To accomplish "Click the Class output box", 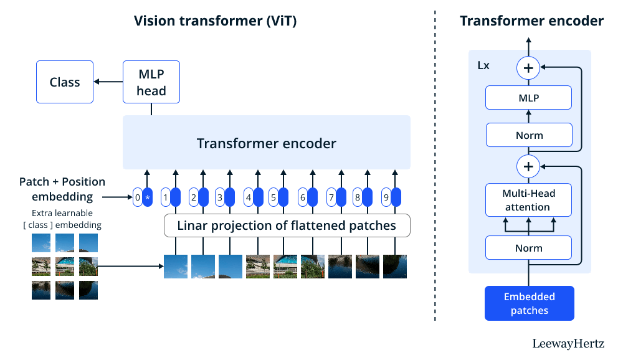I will tap(65, 82).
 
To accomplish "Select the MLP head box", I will tap(151, 82).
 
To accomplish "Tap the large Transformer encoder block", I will tap(267, 143).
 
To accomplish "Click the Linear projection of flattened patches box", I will tap(287, 225).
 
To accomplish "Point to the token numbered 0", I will tap(138, 197).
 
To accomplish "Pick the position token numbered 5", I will tap(273, 197).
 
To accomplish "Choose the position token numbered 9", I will tap(386, 197).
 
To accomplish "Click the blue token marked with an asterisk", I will tap(148, 197).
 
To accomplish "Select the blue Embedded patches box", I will tap(530, 303).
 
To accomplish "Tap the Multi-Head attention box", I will tap(528, 200).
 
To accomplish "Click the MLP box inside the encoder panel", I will tap(528, 98).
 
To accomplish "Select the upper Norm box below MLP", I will tap(528, 135).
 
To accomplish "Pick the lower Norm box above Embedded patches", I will tap(528, 247).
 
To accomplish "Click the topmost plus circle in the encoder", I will tap(528, 68).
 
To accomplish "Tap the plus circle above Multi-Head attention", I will tap(528, 166).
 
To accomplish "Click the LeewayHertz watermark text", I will tap(568, 344).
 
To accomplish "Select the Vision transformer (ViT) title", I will tap(216, 21).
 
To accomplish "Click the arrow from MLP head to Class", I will tap(108, 82).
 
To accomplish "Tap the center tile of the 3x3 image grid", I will tap(65, 267).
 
